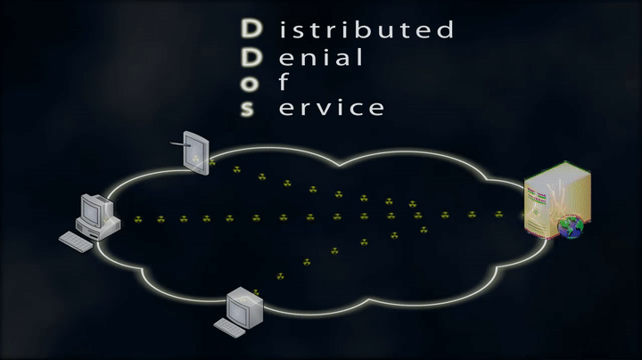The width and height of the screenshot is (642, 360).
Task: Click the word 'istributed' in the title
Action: coord(366,30)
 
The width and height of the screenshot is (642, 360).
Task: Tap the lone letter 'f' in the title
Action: coord(284,83)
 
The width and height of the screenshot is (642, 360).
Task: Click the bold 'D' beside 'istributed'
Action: coord(252,30)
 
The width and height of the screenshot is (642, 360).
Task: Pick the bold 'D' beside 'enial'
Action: coord(252,57)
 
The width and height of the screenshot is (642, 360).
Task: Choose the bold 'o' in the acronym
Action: coord(252,84)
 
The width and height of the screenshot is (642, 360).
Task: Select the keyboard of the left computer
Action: coord(76,241)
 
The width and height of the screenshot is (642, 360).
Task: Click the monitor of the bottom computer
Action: coord(244,307)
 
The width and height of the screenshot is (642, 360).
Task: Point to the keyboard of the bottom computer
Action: coord(226,328)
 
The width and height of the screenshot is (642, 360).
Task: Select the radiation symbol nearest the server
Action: coord(498,214)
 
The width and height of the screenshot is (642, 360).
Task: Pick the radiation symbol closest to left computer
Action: coord(136,218)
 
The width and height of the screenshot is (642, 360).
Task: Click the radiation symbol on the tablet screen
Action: coord(195,159)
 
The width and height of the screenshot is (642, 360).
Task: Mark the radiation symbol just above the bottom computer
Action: coord(255,291)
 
